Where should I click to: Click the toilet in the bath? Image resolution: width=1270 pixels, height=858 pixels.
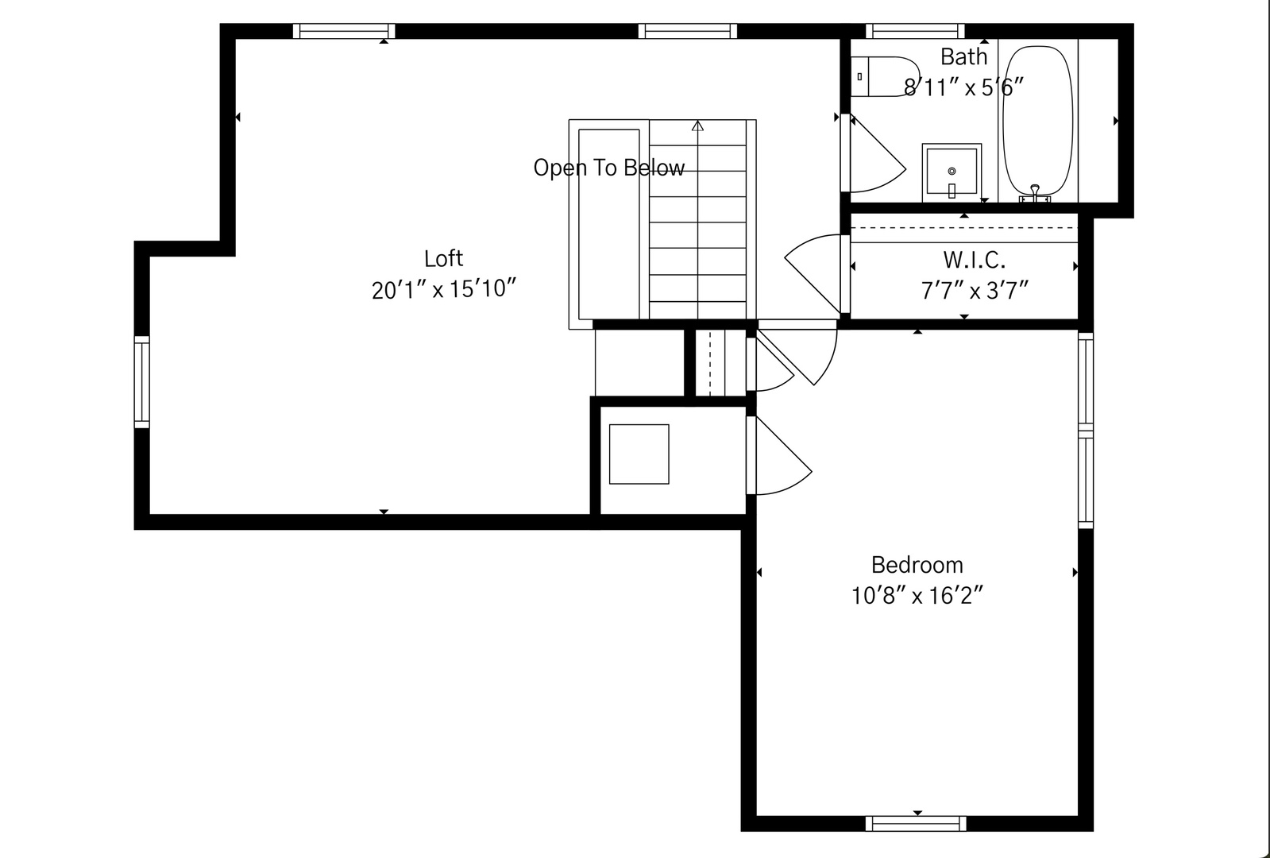click(x=885, y=76)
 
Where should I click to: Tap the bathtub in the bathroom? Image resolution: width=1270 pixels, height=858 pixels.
click(x=1037, y=122)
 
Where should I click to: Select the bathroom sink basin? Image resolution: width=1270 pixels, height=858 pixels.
click(x=952, y=172)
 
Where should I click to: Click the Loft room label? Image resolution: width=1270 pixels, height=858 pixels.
click(x=443, y=258)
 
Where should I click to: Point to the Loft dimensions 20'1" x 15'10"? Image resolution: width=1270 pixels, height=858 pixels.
click(x=443, y=289)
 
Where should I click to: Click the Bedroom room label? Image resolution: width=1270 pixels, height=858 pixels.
click(x=917, y=566)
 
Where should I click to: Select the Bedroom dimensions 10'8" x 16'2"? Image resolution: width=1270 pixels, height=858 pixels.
click(x=917, y=596)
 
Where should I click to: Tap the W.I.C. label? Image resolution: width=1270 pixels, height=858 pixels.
click(x=974, y=261)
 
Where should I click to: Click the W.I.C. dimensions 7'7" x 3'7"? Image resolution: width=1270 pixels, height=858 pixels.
click(x=974, y=291)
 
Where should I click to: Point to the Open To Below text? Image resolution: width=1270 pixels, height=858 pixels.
click(x=609, y=168)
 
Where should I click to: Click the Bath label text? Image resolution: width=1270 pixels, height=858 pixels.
click(x=964, y=56)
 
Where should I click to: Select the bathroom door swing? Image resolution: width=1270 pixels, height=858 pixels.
click(x=877, y=153)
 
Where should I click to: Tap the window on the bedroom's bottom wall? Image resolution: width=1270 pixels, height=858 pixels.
click(x=916, y=823)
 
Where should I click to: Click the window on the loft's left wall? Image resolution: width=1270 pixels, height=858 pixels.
click(x=141, y=382)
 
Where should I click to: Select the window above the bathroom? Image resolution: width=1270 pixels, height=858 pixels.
click(x=915, y=31)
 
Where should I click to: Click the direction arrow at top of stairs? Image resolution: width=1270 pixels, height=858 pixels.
click(x=697, y=126)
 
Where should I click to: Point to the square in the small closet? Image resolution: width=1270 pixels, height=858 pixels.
click(x=639, y=454)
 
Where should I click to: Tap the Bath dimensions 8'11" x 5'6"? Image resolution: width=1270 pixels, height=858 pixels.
click(x=964, y=87)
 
